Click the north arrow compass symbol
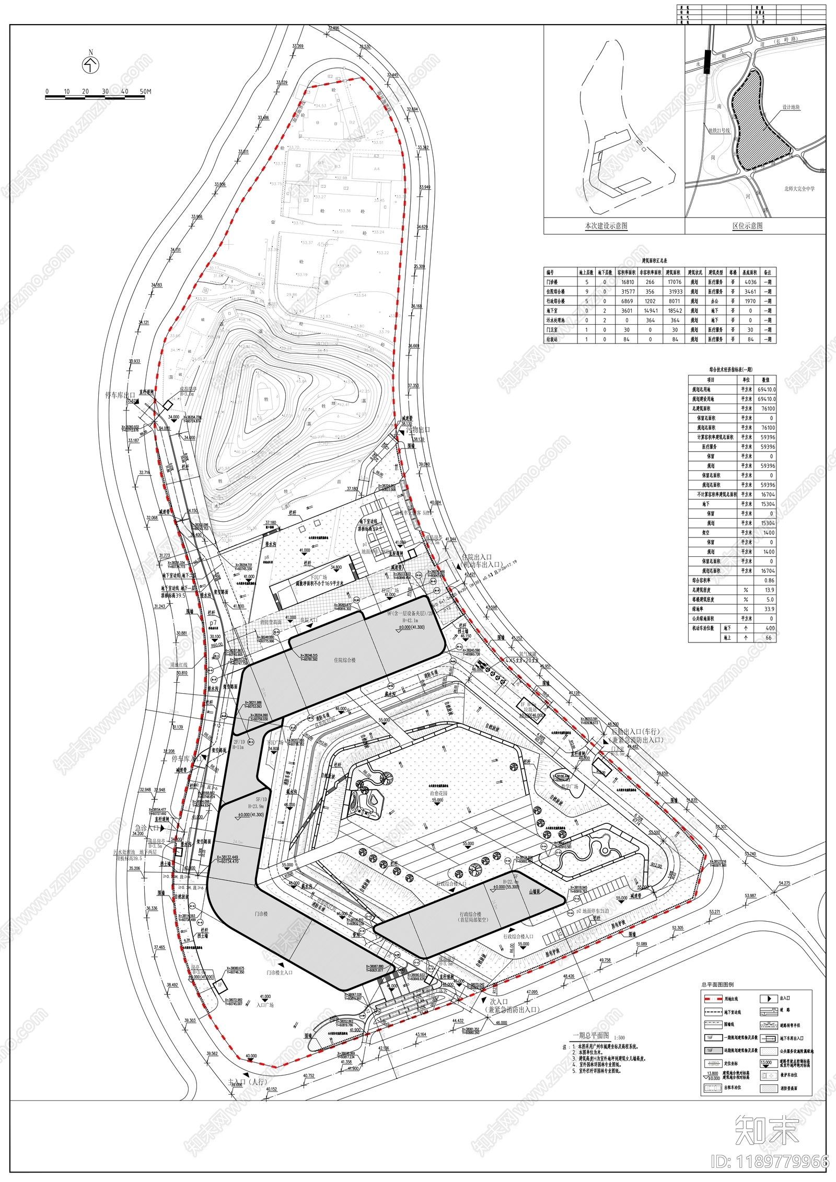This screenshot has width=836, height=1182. (91, 65)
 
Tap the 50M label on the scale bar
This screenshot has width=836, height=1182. (145, 91)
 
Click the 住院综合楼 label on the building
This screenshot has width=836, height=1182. (344, 660)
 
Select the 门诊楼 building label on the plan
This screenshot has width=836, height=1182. (261, 914)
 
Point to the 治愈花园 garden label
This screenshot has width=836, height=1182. (438, 793)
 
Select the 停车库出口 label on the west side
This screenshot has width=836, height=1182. (120, 395)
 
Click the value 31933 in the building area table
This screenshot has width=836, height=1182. (675, 292)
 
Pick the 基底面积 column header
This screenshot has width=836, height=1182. (750, 272)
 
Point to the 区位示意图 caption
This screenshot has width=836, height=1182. (747, 226)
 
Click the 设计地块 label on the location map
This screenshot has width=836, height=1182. (791, 107)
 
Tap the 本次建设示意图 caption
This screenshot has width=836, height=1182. (606, 226)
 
